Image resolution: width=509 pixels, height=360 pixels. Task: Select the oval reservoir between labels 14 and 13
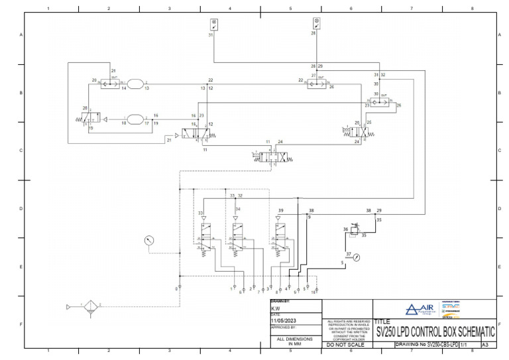pyautogui.click(x=135, y=83)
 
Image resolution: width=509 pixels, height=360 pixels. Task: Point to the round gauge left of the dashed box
pyautogui.click(x=149, y=241)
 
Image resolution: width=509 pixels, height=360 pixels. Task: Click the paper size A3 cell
pyautogui.click(x=485, y=345)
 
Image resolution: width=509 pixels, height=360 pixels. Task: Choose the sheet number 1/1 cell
pyautogui.click(x=471, y=345)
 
